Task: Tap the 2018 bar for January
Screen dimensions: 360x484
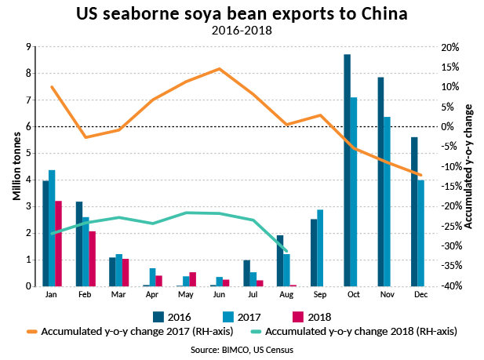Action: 58,243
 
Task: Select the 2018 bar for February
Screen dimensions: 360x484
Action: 92,259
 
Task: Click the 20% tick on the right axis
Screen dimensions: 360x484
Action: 449,47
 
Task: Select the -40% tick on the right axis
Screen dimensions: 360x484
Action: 449,286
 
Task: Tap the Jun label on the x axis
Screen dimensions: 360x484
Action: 219,295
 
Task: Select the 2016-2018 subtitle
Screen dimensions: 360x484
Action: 241,31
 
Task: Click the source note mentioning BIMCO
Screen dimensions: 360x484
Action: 242,350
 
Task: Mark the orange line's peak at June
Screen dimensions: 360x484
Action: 219,69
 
